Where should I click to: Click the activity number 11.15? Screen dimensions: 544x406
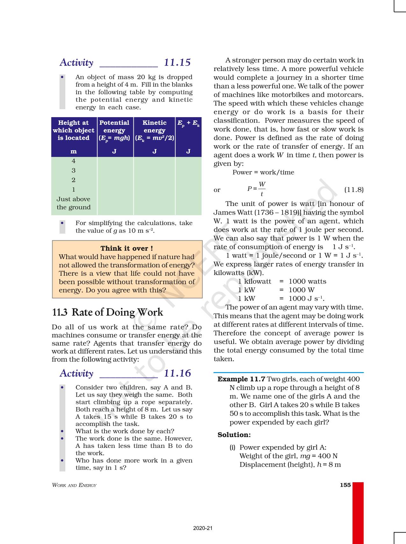coord(177,62)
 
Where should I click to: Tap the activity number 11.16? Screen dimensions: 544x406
coord(177,373)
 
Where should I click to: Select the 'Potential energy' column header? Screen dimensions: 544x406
coord(114,131)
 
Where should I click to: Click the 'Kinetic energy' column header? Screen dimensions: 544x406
coord(154,131)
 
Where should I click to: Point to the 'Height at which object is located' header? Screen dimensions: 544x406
coord(74,130)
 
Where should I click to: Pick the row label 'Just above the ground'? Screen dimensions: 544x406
coord(74,203)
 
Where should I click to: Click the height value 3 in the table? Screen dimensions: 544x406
coord(74,170)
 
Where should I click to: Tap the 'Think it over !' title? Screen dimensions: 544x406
coord(127,248)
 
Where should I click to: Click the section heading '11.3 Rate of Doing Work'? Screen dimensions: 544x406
coord(108,312)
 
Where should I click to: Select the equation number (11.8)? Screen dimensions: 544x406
coord(354,190)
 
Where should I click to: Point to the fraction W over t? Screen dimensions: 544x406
coord(262,189)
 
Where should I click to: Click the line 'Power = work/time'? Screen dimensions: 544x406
coord(263,172)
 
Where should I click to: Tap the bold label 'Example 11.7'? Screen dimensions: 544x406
coord(241,379)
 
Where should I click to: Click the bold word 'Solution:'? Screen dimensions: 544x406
coord(234,435)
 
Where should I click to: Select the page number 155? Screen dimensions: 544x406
coord(345,485)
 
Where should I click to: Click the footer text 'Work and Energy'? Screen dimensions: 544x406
coord(74,485)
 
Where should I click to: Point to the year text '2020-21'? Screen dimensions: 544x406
coord(203,528)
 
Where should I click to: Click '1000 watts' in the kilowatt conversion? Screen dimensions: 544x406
coord(307,281)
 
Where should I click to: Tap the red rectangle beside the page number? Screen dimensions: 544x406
coord(358,512)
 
